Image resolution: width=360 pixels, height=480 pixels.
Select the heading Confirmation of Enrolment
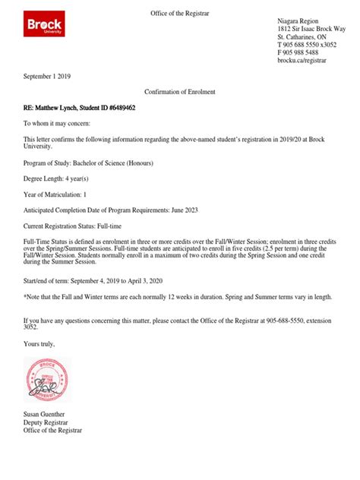point(179,92)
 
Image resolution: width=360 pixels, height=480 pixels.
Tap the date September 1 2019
point(47,77)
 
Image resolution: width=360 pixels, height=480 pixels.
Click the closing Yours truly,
point(39,343)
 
